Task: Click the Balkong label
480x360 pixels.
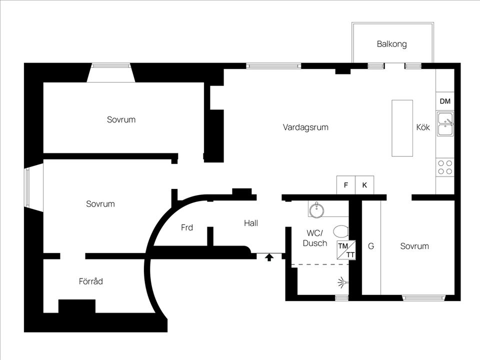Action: pyautogui.click(x=391, y=44)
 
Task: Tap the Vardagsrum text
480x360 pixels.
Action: pyautogui.click(x=305, y=127)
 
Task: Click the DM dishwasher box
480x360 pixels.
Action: pyautogui.click(x=445, y=101)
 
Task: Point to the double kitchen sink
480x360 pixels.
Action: pyautogui.click(x=445, y=123)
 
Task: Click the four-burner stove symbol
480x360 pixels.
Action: pyautogui.click(x=445, y=167)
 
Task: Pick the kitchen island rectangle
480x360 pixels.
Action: pyautogui.click(x=402, y=128)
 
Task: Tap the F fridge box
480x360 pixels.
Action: pyautogui.click(x=346, y=185)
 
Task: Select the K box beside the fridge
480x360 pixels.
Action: pyautogui.click(x=364, y=185)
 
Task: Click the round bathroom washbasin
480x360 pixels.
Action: pyautogui.click(x=316, y=210)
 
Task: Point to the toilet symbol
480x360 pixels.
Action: pyautogui.click(x=340, y=231)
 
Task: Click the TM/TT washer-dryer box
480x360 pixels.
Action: pyautogui.click(x=346, y=250)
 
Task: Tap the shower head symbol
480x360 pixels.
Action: pyautogui.click(x=342, y=282)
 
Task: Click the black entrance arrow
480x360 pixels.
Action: pyautogui.click(x=269, y=257)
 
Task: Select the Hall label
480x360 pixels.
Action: pyautogui.click(x=251, y=223)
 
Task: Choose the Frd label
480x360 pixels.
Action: pyautogui.click(x=186, y=227)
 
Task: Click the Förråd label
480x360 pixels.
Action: pyautogui.click(x=90, y=281)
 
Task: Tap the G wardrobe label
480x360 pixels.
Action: pyautogui.click(x=370, y=246)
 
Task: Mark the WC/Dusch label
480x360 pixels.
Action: pyautogui.click(x=315, y=238)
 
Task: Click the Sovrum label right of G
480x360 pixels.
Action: pyautogui.click(x=414, y=246)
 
